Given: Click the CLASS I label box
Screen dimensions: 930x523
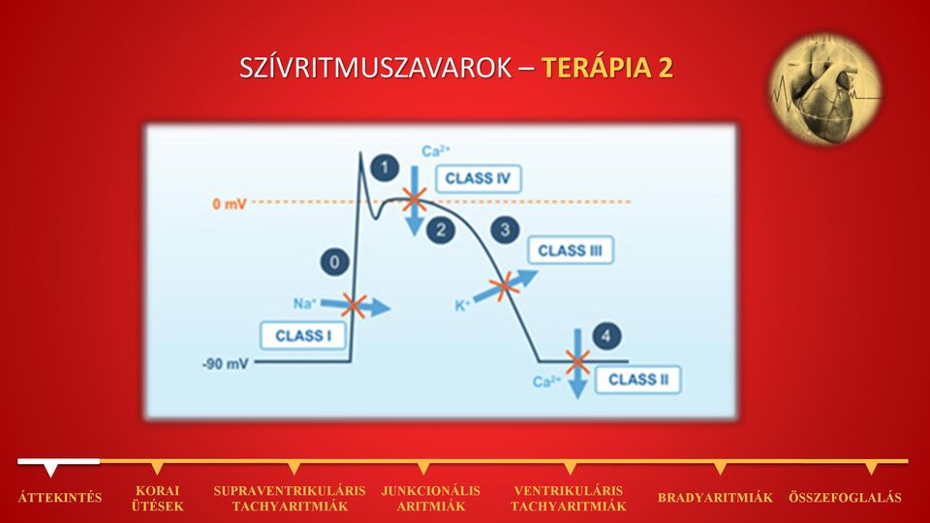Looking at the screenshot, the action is tap(303, 336).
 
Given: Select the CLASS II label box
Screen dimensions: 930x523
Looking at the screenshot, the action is tap(638, 380).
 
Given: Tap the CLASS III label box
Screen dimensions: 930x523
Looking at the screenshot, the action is tap(570, 250).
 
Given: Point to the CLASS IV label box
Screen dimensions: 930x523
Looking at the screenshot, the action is tap(478, 178).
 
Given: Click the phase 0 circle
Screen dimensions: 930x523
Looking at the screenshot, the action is tap(334, 262).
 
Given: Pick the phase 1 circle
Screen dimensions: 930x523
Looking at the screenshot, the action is tap(385, 168).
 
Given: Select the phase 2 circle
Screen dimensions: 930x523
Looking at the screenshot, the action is tap(441, 231).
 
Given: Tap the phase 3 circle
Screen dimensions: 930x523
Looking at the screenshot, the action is tap(506, 230).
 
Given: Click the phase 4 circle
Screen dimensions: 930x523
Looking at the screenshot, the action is tap(606, 336).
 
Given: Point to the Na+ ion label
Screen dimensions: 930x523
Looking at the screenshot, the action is tap(304, 303).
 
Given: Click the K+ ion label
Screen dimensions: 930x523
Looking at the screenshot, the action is tap(463, 305).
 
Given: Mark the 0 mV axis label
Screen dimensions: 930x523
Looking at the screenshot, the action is tap(229, 204).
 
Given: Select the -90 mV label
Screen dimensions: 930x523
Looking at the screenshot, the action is tap(226, 363).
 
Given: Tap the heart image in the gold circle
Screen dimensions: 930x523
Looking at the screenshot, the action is tap(825, 89).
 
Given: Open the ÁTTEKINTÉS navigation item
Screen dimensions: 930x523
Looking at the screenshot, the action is tap(59, 498).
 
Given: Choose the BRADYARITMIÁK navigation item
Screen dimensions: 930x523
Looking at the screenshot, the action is tap(715, 498).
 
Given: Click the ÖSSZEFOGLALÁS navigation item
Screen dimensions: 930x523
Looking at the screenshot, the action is tap(845, 498).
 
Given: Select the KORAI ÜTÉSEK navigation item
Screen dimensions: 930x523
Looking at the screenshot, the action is tap(157, 498).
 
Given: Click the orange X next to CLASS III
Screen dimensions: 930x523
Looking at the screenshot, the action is tap(504, 287).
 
